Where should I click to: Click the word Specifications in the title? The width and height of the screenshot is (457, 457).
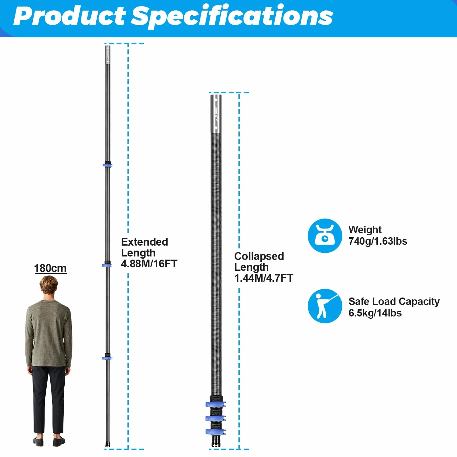[232, 16]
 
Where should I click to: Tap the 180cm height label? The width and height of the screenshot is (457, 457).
[50, 268]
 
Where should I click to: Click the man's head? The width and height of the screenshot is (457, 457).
[48, 285]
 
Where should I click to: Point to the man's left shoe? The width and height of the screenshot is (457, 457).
[38, 441]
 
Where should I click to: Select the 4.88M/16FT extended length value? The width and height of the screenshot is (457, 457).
[149, 264]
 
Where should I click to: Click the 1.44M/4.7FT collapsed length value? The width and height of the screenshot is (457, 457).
[264, 278]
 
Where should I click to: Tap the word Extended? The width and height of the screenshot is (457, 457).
[145, 242]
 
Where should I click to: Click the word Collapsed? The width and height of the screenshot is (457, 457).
[259, 256]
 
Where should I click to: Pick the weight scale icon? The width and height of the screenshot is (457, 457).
[325, 236]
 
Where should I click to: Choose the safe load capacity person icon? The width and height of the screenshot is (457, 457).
[325, 306]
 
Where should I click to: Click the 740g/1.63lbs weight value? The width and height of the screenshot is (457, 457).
[378, 241]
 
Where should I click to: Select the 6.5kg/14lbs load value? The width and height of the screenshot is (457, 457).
[375, 313]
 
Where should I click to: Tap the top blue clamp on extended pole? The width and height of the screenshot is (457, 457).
[108, 164]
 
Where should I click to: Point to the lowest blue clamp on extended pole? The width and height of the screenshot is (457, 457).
[107, 357]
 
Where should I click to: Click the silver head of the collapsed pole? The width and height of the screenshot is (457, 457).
[216, 113]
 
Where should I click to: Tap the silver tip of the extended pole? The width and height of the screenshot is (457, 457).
[108, 55]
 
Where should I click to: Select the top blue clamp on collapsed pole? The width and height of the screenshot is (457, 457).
[215, 404]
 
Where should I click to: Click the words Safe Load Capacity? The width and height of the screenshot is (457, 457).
[394, 302]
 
